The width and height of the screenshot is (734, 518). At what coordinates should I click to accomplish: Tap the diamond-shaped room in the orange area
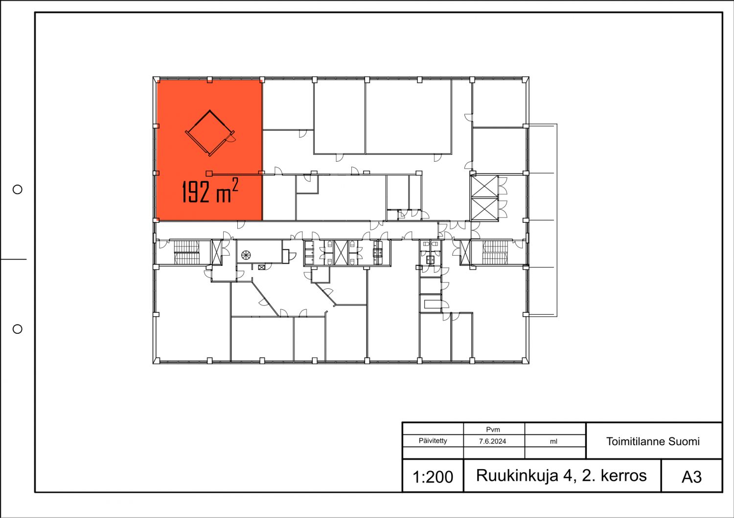click(x=210, y=133)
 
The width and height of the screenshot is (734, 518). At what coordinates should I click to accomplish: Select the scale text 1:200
click(x=433, y=477)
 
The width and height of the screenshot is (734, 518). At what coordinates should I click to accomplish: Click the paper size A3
click(x=691, y=477)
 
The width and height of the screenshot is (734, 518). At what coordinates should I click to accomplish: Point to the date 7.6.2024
click(x=492, y=441)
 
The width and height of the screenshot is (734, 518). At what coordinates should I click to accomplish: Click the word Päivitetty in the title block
click(x=433, y=440)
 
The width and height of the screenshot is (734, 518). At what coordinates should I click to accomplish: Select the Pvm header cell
click(x=493, y=430)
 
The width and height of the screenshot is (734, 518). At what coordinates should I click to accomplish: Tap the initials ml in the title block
click(x=553, y=441)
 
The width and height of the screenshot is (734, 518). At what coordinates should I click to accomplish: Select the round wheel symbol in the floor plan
click(x=246, y=255)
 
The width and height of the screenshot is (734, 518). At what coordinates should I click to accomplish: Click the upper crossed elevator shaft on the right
click(x=484, y=187)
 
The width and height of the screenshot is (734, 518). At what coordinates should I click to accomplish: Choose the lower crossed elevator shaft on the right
click(x=484, y=209)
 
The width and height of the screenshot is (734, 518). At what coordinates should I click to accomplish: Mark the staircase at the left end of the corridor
click(x=186, y=252)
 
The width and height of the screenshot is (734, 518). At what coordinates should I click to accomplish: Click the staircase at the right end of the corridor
click(x=495, y=252)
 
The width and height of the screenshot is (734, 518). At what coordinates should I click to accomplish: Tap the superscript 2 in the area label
click(x=235, y=185)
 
